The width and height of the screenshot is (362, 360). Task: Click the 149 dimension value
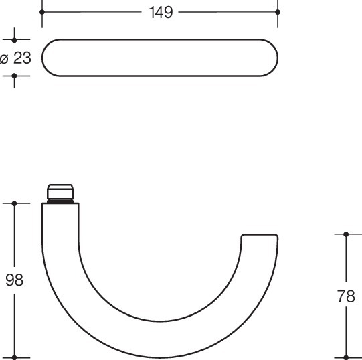click(161, 13)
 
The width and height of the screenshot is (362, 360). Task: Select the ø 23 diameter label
click(15, 58)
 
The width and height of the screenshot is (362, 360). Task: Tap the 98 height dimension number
click(14, 280)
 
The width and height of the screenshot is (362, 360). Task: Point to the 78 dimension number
click(346, 296)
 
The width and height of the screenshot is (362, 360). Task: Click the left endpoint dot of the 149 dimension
click(42, 12)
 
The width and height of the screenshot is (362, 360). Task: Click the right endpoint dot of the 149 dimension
click(278, 12)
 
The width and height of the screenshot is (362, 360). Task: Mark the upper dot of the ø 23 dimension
click(14, 40)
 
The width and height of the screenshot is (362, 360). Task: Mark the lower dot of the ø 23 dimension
click(14, 76)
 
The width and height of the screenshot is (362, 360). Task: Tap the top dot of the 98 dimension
click(14, 203)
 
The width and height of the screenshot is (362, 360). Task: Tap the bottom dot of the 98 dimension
click(14, 358)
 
